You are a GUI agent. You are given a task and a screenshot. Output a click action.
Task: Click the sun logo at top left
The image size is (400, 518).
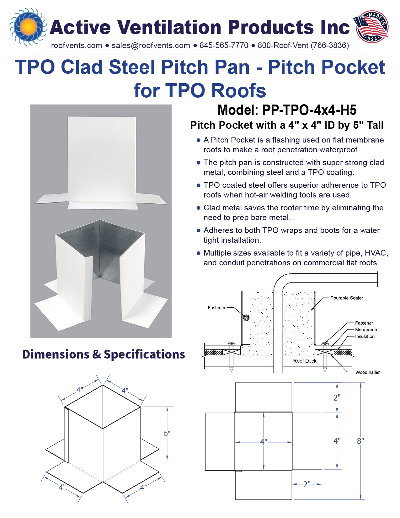pos(28,27)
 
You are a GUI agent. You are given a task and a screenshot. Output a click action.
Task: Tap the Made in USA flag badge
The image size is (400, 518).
pos(372,26)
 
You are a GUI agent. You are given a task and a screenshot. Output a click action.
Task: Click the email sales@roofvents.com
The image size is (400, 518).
pos(151,46)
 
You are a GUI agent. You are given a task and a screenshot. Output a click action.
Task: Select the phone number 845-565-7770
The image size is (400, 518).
pos(224,46)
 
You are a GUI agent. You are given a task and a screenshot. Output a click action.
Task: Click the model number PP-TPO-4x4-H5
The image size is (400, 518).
pos(309,110)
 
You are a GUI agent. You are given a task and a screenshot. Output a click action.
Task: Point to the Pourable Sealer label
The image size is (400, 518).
pos(346,298)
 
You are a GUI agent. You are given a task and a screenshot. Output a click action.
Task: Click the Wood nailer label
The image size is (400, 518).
pos(367,372)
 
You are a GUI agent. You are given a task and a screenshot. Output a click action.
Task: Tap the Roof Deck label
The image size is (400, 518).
pos(305,361)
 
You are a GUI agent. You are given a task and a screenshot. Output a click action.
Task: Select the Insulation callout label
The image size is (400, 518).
pos(365,337)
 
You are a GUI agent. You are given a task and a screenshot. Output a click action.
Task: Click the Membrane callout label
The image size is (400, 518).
pos(366,330)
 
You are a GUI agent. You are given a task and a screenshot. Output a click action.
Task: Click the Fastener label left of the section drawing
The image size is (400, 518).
pos(216,308)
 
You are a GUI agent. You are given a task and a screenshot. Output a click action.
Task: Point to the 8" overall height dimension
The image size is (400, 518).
pos(360,441)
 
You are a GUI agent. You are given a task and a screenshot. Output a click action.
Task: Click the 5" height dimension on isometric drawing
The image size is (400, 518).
pos(167,434)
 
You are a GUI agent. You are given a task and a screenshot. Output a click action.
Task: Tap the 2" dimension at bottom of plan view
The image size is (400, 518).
pos(307,484)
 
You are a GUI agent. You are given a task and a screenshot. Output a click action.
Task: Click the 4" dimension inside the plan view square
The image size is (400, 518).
pos(264,442)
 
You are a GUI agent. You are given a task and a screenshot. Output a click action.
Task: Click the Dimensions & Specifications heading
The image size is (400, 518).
pos(104,354)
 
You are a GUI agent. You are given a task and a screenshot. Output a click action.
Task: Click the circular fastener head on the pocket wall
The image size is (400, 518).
pos(246,318)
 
